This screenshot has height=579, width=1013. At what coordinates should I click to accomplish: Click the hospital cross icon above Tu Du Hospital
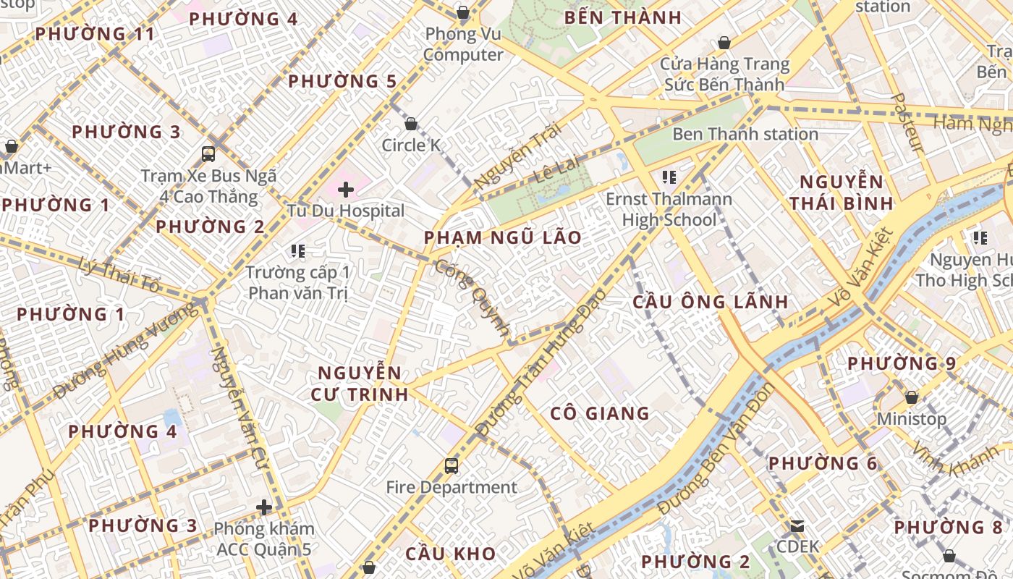[346, 190]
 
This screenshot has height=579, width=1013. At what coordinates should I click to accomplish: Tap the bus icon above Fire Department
[452, 465]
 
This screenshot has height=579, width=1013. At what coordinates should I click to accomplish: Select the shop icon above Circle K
[411, 124]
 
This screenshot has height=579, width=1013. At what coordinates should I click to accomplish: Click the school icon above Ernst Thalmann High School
[669, 177]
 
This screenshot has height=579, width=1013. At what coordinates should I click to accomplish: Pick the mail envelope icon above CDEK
[797, 525]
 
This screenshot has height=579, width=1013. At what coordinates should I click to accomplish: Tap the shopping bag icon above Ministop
[912, 397]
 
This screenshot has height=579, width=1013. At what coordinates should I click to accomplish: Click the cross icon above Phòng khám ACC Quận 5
[264, 507]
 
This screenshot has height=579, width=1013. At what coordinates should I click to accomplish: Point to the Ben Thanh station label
[745, 134]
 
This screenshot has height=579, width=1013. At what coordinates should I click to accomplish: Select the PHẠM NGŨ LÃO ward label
[503, 237]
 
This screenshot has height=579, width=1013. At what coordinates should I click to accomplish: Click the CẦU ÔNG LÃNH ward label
[710, 302]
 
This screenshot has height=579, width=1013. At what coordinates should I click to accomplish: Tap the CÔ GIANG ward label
[600, 413]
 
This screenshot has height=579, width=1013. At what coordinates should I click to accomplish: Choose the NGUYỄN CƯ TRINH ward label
[360, 384]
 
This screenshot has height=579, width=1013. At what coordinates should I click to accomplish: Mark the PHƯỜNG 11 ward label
[95, 33]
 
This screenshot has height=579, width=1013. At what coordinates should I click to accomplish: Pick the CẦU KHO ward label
[450, 554]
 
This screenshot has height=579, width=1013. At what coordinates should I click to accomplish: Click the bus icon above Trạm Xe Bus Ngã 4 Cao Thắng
[208, 153]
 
